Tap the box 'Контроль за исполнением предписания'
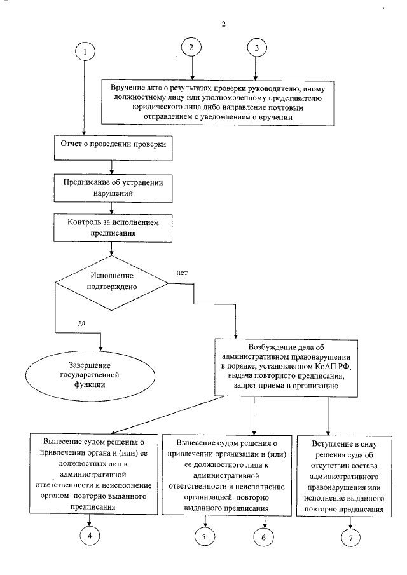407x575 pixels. [x=112, y=227]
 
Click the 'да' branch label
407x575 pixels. [x=81, y=323]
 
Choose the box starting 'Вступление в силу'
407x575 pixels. [x=348, y=475]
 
